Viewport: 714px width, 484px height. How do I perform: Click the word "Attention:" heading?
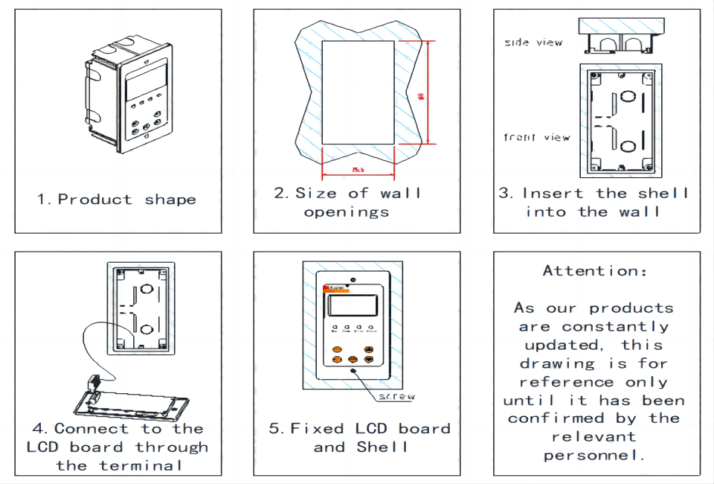(595, 271)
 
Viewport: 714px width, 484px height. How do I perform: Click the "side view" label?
(533, 42)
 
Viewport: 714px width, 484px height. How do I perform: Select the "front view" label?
(536, 137)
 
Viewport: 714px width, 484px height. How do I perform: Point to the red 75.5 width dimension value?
(358, 171)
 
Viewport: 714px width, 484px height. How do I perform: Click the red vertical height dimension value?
(421, 96)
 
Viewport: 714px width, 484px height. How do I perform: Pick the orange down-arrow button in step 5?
(369, 360)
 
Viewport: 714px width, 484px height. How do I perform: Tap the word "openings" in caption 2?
(347, 212)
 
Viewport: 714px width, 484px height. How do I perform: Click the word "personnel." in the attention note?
(594, 455)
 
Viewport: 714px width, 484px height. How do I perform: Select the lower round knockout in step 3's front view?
(628, 145)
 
